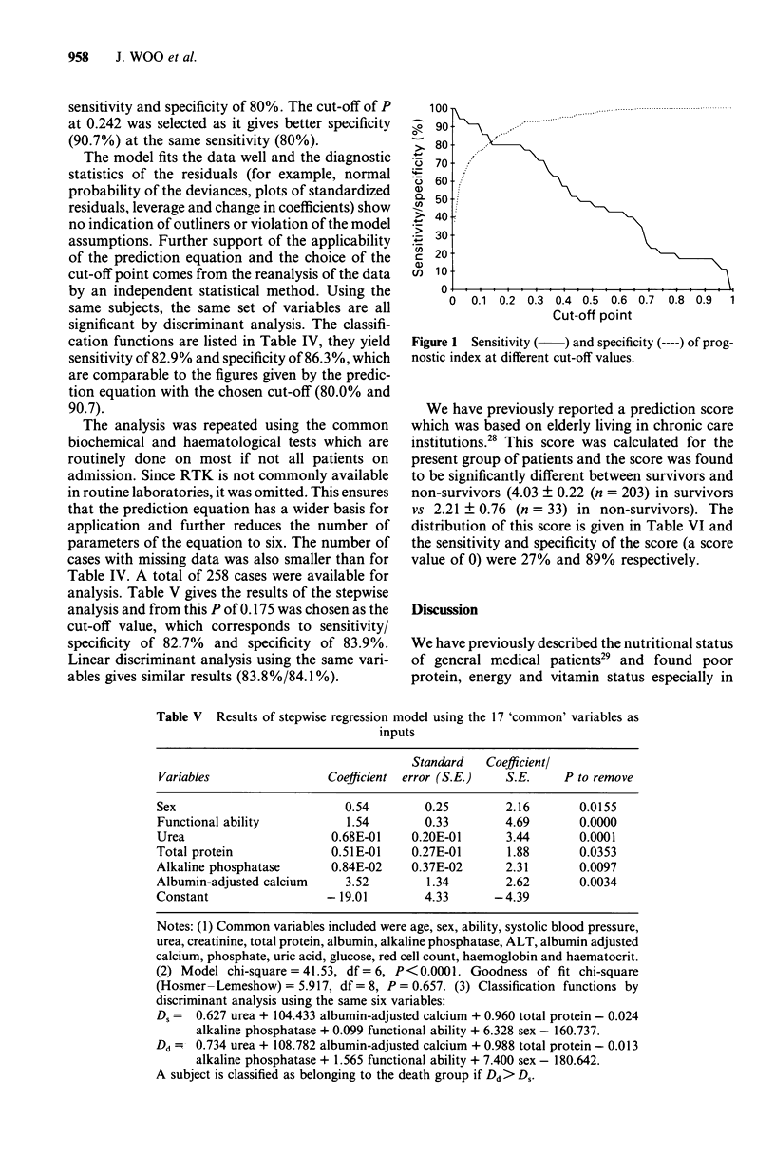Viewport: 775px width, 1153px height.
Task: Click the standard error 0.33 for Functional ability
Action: tap(436, 822)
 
